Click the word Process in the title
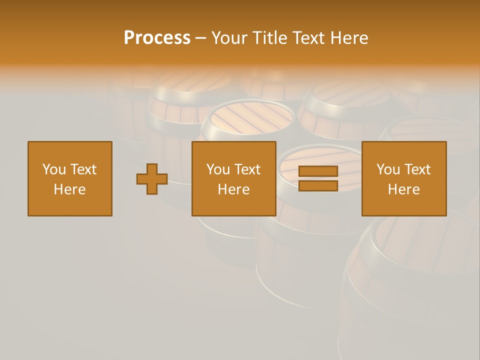coord(157,38)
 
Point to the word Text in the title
coord(310,38)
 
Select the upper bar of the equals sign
coord(318,171)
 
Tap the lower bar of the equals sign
coord(318,186)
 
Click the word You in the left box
coord(54,169)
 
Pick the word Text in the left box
coord(83,169)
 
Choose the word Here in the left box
coord(69,189)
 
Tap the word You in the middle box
coord(218,169)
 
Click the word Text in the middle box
coord(247,169)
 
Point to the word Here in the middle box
coord(233,189)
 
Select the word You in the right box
coord(388,169)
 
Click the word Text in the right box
coord(417,169)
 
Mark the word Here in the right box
coord(403,189)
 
